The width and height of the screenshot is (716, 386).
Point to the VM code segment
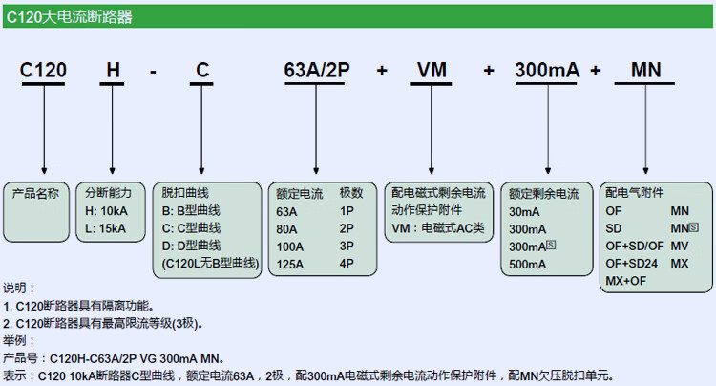[432, 72]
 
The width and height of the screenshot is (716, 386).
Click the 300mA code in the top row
[547, 72]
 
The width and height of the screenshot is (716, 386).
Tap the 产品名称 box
[36, 192]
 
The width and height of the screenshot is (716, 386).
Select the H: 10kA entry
[106, 210]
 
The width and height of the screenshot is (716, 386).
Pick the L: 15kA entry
[105, 228]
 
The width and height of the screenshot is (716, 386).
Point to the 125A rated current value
[290, 264]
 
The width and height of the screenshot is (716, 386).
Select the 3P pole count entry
[347, 246]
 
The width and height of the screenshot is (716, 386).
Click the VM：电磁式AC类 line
[438, 228]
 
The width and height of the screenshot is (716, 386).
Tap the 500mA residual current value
[528, 265]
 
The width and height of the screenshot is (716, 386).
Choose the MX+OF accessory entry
[626, 281]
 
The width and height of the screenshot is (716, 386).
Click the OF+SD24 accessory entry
[632, 263]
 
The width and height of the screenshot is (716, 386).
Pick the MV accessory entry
[680, 246]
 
